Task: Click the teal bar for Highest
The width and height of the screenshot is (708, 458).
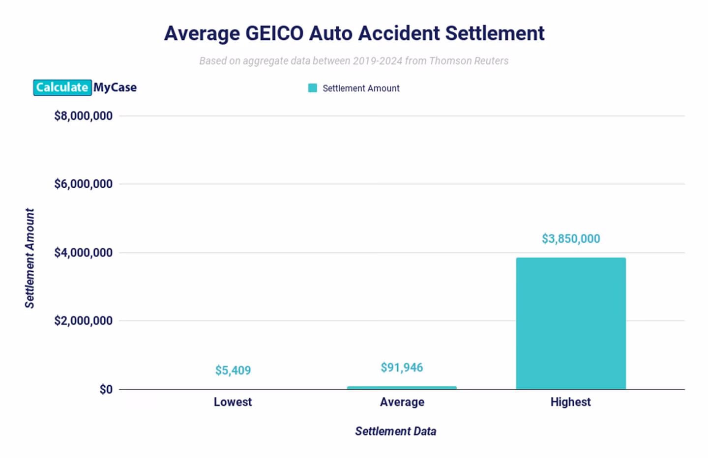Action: pyautogui.click(x=571, y=323)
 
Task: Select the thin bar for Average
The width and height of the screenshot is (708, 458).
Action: pyautogui.click(x=402, y=388)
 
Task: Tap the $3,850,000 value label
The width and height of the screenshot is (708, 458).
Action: pyautogui.click(x=571, y=239)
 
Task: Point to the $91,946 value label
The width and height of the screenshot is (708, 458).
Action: pyautogui.click(x=402, y=368)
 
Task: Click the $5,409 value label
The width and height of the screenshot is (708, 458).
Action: pyautogui.click(x=233, y=371)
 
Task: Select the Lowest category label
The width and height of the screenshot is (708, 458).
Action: pyautogui.click(x=233, y=402)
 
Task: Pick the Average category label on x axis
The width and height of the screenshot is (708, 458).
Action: pyautogui.click(x=402, y=402)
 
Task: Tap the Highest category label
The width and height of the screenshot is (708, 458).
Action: pyautogui.click(x=570, y=402)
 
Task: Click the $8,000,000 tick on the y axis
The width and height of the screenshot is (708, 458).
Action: pyautogui.click(x=83, y=116)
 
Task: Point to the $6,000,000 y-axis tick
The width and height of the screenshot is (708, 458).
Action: pyautogui.click(x=83, y=184)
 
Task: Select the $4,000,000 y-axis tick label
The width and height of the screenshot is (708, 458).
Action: pyautogui.click(x=83, y=253)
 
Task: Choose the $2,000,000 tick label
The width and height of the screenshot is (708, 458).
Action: pyautogui.click(x=83, y=321)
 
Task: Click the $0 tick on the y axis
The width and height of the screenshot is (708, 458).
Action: pyautogui.click(x=106, y=390)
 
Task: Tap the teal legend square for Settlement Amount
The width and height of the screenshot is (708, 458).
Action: pyautogui.click(x=312, y=88)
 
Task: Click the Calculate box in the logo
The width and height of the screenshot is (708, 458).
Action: pyautogui.click(x=62, y=87)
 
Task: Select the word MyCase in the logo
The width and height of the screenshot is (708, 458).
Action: pyautogui.click(x=115, y=87)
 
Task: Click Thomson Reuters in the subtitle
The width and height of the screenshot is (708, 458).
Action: pyautogui.click(x=469, y=61)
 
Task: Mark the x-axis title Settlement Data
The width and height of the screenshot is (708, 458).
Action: pyautogui.click(x=395, y=431)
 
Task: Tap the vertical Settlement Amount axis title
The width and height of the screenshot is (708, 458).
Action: pyautogui.click(x=29, y=258)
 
